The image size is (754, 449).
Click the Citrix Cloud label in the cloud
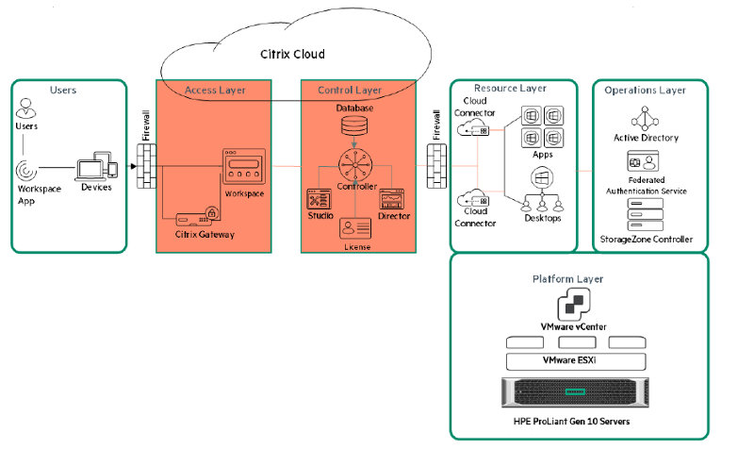click(x=291, y=54)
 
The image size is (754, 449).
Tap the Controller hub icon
click(x=357, y=167)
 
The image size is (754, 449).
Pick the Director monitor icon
click(x=395, y=198)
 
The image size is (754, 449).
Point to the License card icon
click(x=356, y=228)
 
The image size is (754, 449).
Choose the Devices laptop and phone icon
click(x=97, y=168)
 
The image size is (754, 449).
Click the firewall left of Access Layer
click(x=144, y=167)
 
